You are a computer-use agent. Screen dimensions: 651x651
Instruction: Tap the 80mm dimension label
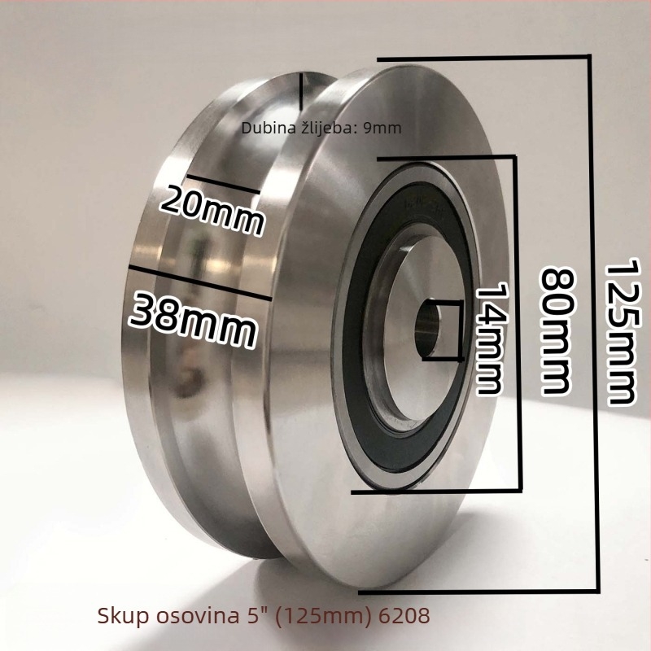557,331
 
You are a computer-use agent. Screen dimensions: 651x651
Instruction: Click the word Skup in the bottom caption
123,616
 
